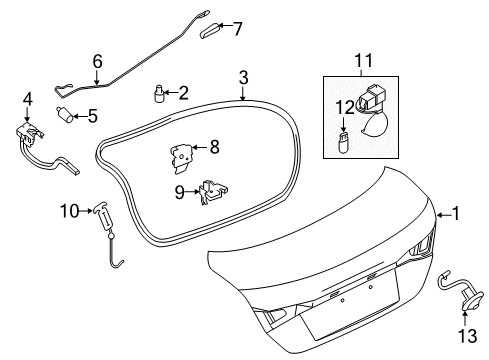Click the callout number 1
457,212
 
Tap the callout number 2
183,93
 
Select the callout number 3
243,76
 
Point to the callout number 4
27,99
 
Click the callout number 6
97,61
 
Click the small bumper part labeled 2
158,94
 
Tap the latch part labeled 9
210,190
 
